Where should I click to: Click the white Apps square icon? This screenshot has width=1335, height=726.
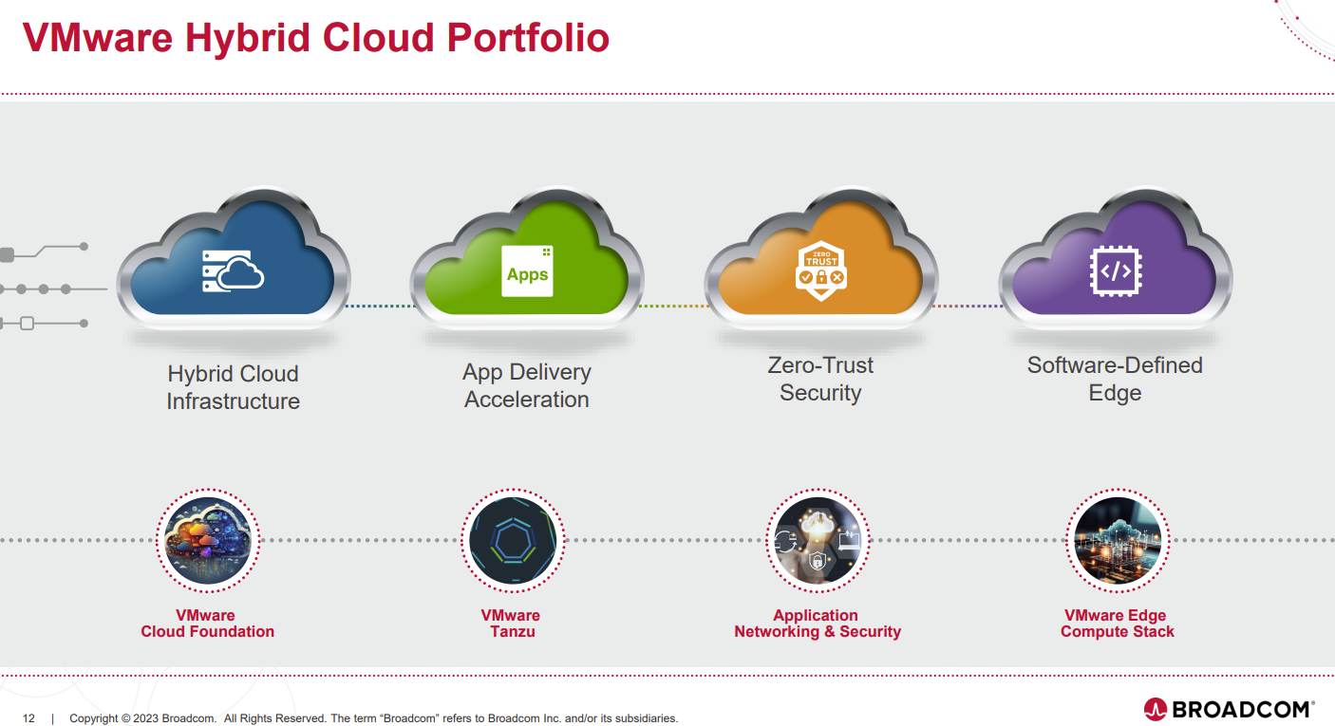click(527, 270)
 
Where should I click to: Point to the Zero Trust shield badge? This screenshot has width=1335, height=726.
click(820, 270)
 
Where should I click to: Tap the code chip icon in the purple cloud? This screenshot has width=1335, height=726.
click(1115, 270)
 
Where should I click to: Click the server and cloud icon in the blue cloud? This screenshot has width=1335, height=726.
click(233, 270)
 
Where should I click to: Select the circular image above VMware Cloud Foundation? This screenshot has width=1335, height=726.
click(207, 540)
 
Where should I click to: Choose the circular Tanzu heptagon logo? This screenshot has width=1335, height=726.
click(512, 540)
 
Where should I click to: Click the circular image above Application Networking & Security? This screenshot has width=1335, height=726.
click(817, 540)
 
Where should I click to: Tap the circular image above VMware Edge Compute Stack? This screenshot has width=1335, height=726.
click(1117, 540)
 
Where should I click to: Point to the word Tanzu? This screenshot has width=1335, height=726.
click(512, 632)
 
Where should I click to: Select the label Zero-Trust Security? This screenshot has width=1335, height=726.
click(820, 379)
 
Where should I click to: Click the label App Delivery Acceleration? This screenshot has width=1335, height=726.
click(527, 386)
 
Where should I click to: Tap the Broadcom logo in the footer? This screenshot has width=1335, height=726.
click(1229, 709)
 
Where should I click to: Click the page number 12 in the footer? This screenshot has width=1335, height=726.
click(28, 718)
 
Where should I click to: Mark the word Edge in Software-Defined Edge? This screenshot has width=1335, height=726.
click(1115, 393)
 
